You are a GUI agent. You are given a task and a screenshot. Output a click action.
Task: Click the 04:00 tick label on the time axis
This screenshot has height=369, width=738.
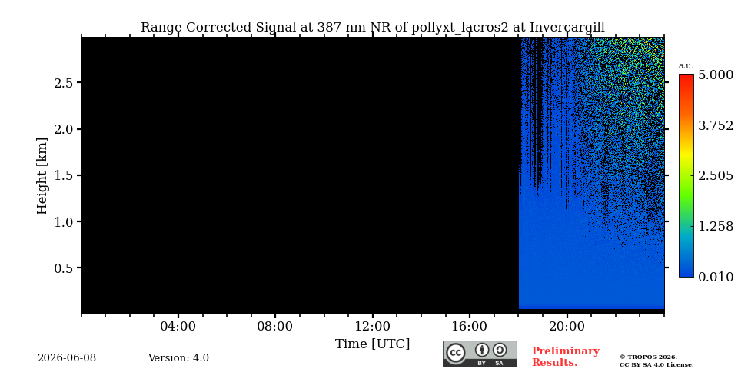pyautogui.click(x=178, y=326)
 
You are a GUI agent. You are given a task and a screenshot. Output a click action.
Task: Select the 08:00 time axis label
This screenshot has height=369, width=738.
pyautogui.click(x=275, y=326)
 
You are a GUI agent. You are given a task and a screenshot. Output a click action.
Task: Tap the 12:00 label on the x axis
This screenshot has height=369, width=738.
pyautogui.click(x=372, y=326)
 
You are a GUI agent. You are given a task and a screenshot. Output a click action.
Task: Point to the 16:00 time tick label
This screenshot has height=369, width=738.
pyautogui.click(x=470, y=326)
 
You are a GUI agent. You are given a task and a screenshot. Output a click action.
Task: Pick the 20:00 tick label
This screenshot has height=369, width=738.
pyautogui.click(x=567, y=326)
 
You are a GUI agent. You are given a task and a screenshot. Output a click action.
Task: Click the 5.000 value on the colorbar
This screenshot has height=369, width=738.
pyautogui.click(x=716, y=75)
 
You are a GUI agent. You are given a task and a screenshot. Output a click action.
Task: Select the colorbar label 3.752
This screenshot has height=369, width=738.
pyautogui.click(x=716, y=125)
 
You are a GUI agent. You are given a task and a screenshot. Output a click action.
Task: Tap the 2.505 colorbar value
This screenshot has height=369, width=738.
pyautogui.click(x=716, y=176)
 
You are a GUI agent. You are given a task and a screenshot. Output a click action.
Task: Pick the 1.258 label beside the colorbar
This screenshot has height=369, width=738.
pyautogui.click(x=716, y=226)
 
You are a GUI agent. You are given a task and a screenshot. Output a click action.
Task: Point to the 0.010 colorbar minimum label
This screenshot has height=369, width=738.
pyautogui.click(x=716, y=277)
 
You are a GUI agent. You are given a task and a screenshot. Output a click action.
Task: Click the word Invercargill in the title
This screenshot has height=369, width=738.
pyautogui.click(x=567, y=28)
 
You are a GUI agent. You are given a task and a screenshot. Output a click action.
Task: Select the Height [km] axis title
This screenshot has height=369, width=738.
pyautogui.click(x=42, y=176)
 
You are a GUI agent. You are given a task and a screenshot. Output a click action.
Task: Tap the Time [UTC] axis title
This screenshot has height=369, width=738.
pyautogui.click(x=372, y=344)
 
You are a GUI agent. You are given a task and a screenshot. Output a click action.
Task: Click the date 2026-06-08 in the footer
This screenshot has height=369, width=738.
pyautogui.click(x=67, y=358)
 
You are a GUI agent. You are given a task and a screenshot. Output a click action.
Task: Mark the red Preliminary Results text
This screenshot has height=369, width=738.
pyautogui.click(x=566, y=357)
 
